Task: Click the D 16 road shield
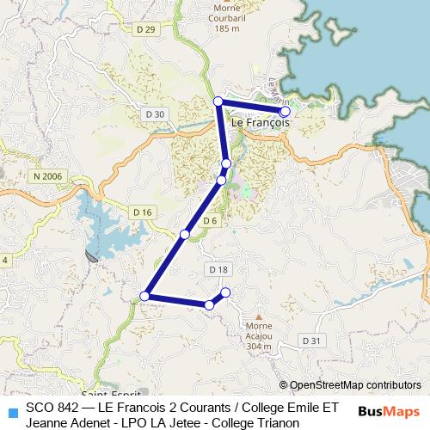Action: [x=143, y=212]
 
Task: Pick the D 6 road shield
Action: [x=211, y=221]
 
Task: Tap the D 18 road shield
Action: [x=218, y=269]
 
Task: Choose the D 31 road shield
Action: [x=315, y=341]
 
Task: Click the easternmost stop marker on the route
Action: [x=285, y=111]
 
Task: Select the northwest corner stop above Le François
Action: [x=218, y=101]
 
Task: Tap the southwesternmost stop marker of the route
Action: [x=144, y=297]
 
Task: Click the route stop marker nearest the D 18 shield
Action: [x=226, y=292]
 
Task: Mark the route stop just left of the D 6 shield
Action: [x=185, y=234]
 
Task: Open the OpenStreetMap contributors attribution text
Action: [x=355, y=385]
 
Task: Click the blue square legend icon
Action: [x=11, y=410]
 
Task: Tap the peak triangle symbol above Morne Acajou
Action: [x=260, y=316]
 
